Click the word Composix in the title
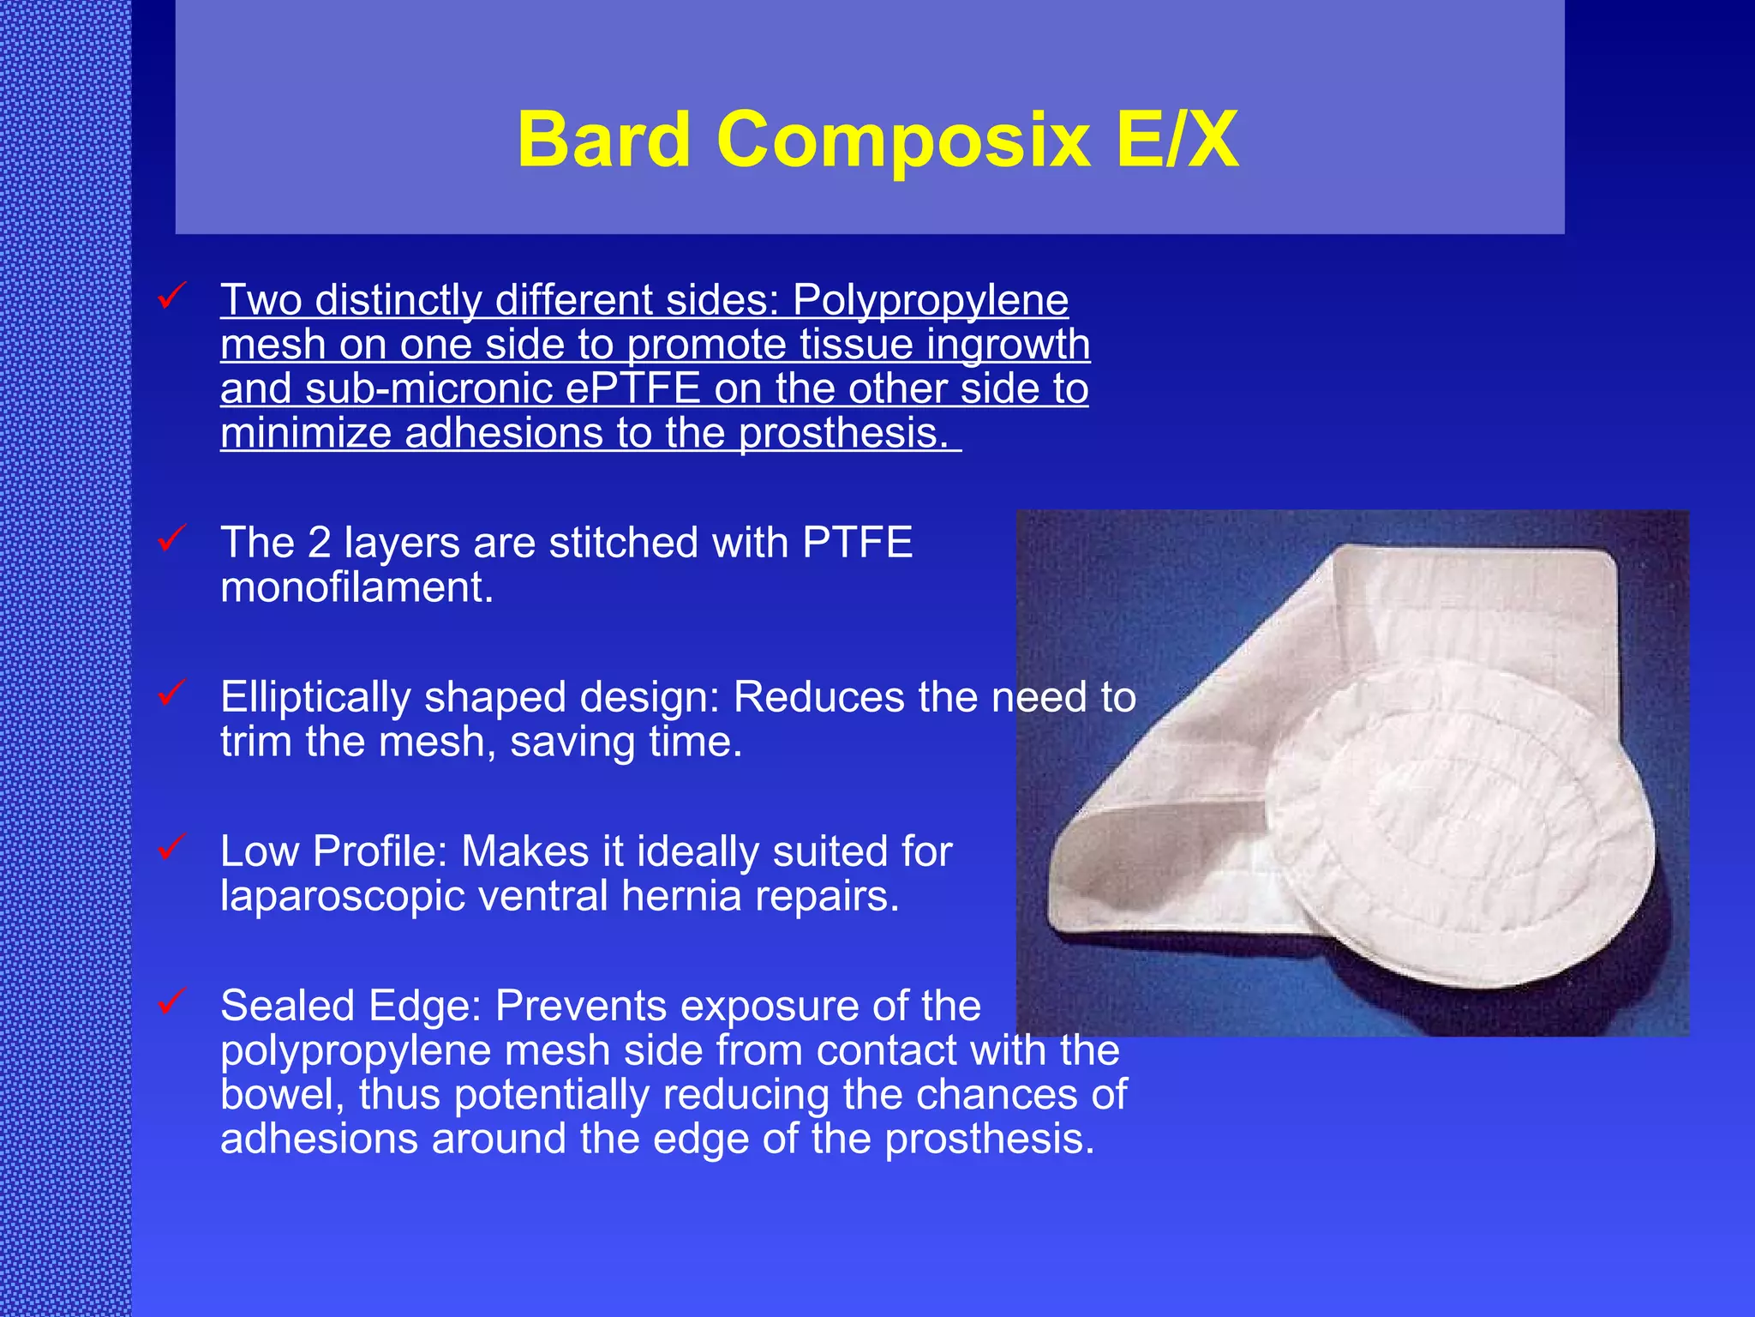coord(903,139)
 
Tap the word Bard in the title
coord(604,139)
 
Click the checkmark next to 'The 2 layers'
coord(172,538)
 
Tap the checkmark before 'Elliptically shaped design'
coord(172,693)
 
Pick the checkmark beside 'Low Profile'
coord(172,847)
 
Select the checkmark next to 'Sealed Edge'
coord(172,1001)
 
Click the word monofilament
coord(356,589)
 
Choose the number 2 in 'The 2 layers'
coord(319,543)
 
